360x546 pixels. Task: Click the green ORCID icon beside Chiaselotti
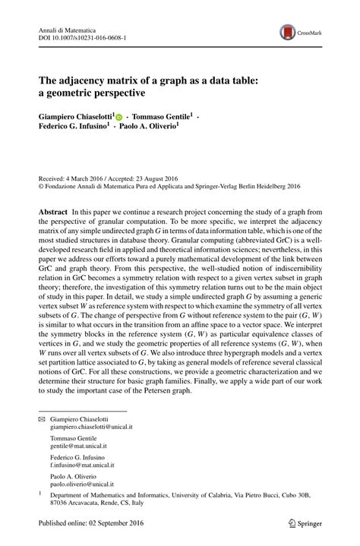[x=118, y=117]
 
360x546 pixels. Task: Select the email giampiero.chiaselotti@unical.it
[x=87, y=428]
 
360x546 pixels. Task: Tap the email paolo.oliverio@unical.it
[x=82, y=484]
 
